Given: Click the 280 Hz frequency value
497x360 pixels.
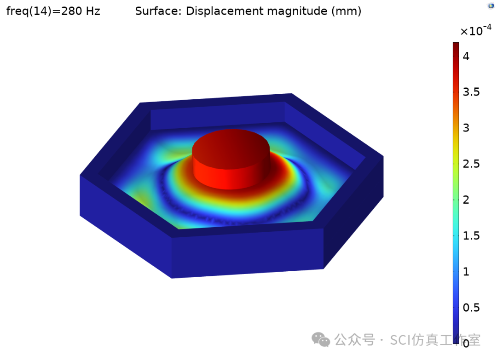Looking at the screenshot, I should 84,11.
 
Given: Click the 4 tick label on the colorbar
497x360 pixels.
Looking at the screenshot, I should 466,57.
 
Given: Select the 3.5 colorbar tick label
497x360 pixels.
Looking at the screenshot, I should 471,92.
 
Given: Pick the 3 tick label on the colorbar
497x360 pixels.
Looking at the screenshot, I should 466,128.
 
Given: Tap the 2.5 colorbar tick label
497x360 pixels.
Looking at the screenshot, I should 471,164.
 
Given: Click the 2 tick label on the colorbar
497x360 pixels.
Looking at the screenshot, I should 466,200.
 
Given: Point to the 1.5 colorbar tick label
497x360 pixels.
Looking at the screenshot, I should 471,235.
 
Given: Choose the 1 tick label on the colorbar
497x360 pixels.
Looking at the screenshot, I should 466,271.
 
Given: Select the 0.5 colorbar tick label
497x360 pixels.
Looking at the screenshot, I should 471,307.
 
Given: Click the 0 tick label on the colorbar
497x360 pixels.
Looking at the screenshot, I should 466,343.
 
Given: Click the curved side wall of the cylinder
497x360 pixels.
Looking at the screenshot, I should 230,175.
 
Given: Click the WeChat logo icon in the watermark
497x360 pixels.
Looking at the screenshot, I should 321,340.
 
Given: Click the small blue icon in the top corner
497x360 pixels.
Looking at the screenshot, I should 491,5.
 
